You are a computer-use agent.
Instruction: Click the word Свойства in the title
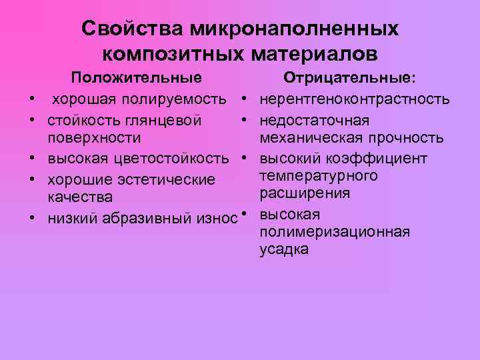(131, 29)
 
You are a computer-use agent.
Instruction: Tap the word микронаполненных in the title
(294, 29)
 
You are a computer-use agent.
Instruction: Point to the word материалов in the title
(315, 53)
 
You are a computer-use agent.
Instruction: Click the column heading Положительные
(137, 79)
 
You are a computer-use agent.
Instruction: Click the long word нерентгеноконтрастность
(354, 100)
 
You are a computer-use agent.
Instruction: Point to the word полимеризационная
(335, 232)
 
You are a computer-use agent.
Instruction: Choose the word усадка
(284, 250)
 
